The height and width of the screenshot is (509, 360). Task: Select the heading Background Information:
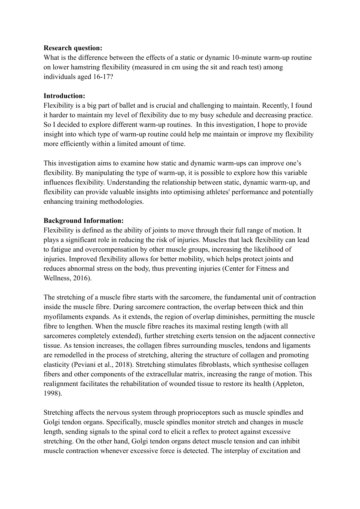point(84,221)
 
